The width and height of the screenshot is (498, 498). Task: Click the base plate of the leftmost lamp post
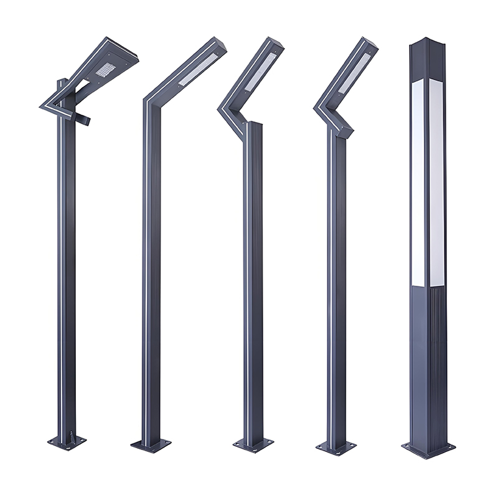[67, 442]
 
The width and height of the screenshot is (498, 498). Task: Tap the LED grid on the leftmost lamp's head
[103, 70]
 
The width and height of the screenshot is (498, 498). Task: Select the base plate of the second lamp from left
[151, 445]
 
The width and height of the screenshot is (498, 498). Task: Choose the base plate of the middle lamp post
[253, 444]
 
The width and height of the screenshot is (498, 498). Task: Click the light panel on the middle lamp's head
[262, 70]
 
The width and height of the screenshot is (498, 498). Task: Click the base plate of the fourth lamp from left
[336, 446]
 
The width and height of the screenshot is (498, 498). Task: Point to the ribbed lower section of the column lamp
[428, 361]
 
